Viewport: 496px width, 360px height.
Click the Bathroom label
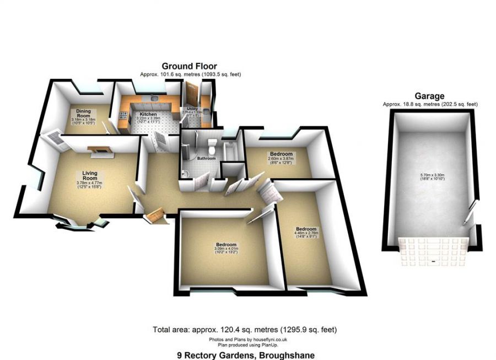(207, 159)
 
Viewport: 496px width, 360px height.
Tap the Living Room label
(90, 176)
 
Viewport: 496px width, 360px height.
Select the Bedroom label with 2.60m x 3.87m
(281, 154)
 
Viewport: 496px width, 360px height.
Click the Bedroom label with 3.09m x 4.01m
(226, 244)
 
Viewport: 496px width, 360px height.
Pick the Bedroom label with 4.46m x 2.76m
(306, 229)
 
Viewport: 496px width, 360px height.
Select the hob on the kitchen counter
(121, 116)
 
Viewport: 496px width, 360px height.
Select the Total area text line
(245, 330)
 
